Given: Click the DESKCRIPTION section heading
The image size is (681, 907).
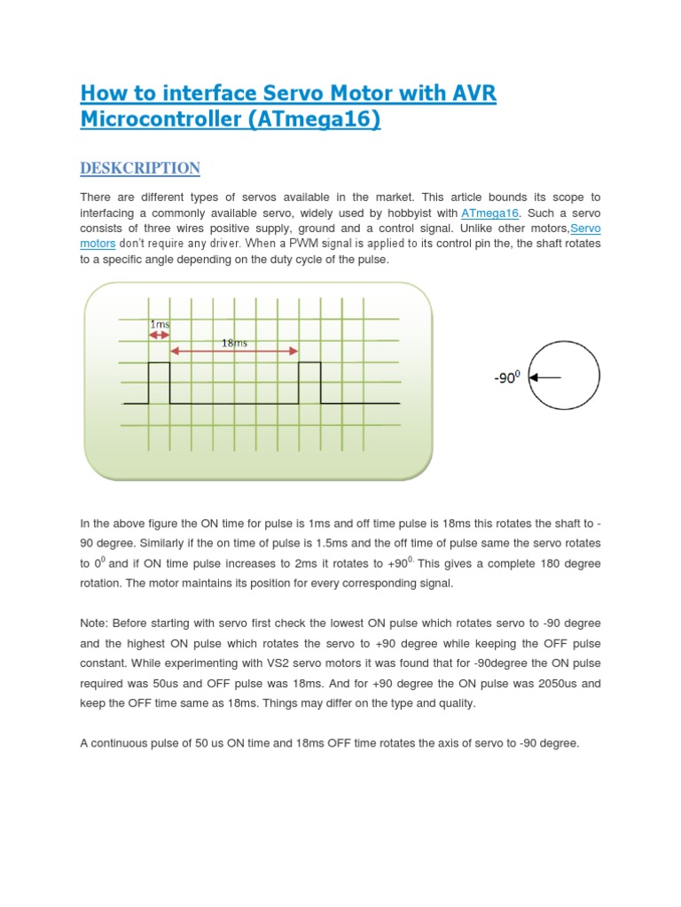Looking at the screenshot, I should click(x=140, y=168).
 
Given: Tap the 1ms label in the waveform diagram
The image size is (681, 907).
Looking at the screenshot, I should click(x=160, y=324).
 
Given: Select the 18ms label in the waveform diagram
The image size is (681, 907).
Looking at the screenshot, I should click(x=235, y=342).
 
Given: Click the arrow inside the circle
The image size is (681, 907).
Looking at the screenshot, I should click(x=545, y=377).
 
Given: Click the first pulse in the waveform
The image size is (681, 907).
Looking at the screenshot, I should click(x=159, y=381).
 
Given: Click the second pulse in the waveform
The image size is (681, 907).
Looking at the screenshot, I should click(x=309, y=381).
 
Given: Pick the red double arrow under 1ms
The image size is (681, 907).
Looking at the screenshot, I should click(x=160, y=336).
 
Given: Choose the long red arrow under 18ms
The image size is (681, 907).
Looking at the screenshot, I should click(x=234, y=353).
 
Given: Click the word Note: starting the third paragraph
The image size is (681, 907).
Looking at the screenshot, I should click(x=96, y=624).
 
